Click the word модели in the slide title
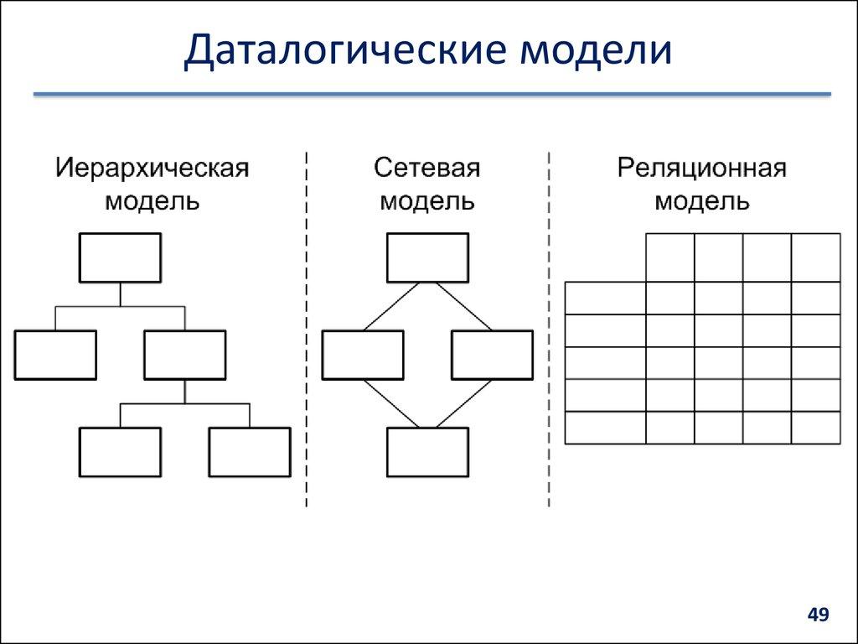click(597, 49)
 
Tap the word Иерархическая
click(152, 167)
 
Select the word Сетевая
click(426, 167)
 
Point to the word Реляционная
click(702, 167)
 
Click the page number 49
click(818, 615)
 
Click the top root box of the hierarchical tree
click(120, 258)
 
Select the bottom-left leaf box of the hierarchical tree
click(120, 452)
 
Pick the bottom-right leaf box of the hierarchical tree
click(249, 452)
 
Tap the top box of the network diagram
click(427, 258)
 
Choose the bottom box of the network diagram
click(427, 452)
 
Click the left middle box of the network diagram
click(363, 355)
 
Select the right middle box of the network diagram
click(492, 355)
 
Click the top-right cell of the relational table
click(815, 257)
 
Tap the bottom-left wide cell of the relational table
click(605, 428)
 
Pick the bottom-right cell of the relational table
click(815, 428)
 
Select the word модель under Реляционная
click(702, 202)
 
